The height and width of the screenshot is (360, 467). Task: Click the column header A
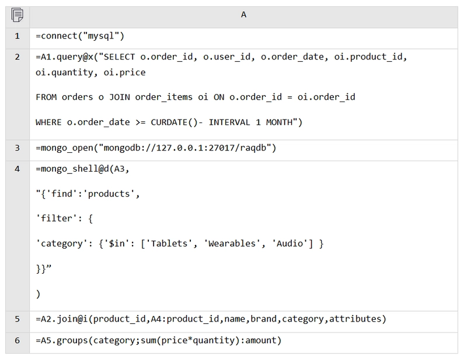[x=243, y=15]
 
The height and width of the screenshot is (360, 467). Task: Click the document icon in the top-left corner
[x=18, y=15]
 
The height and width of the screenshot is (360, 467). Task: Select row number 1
[x=18, y=36]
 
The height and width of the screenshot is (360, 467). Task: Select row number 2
[x=18, y=57]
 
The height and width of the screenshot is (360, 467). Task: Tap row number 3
[x=18, y=148]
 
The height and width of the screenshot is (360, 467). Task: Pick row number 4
[x=18, y=169]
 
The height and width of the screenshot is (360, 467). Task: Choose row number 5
[x=18, y=319]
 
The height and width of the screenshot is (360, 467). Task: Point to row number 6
[x=18, y=340]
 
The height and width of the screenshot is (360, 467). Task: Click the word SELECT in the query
[x=119, y=57]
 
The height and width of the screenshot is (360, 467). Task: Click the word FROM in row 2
[x=46, y=97]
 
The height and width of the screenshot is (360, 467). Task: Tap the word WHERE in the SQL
[x=48, y=123]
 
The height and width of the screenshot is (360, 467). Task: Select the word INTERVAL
[x=229, y=123]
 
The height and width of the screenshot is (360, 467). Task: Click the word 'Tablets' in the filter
[x=169, y=243]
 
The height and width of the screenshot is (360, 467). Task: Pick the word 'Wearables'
[x=232, y=243]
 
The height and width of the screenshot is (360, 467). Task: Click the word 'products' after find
[x=109, y=194]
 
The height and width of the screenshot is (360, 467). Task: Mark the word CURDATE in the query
[x=169, y=123]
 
